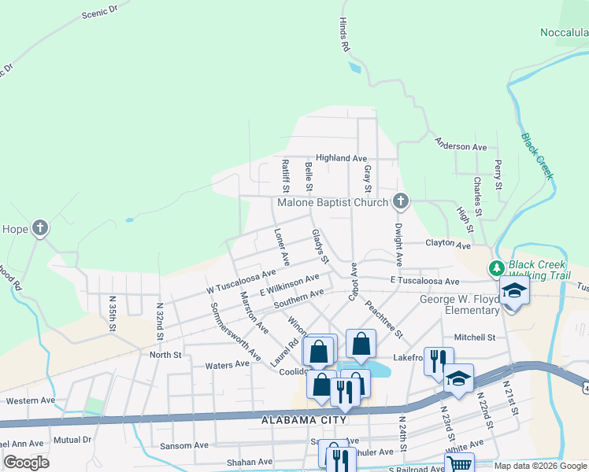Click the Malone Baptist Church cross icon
[401, 202]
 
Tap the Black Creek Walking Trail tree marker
[497, 268]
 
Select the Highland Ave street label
[342, 158]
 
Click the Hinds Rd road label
[344, 36]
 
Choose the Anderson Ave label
[461, 147]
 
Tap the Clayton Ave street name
[447, 244]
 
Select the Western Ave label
[31, 400]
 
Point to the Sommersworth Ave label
[235, 330]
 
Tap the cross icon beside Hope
[40, 229]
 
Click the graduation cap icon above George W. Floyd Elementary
[515, 292]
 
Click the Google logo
[26, 463]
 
